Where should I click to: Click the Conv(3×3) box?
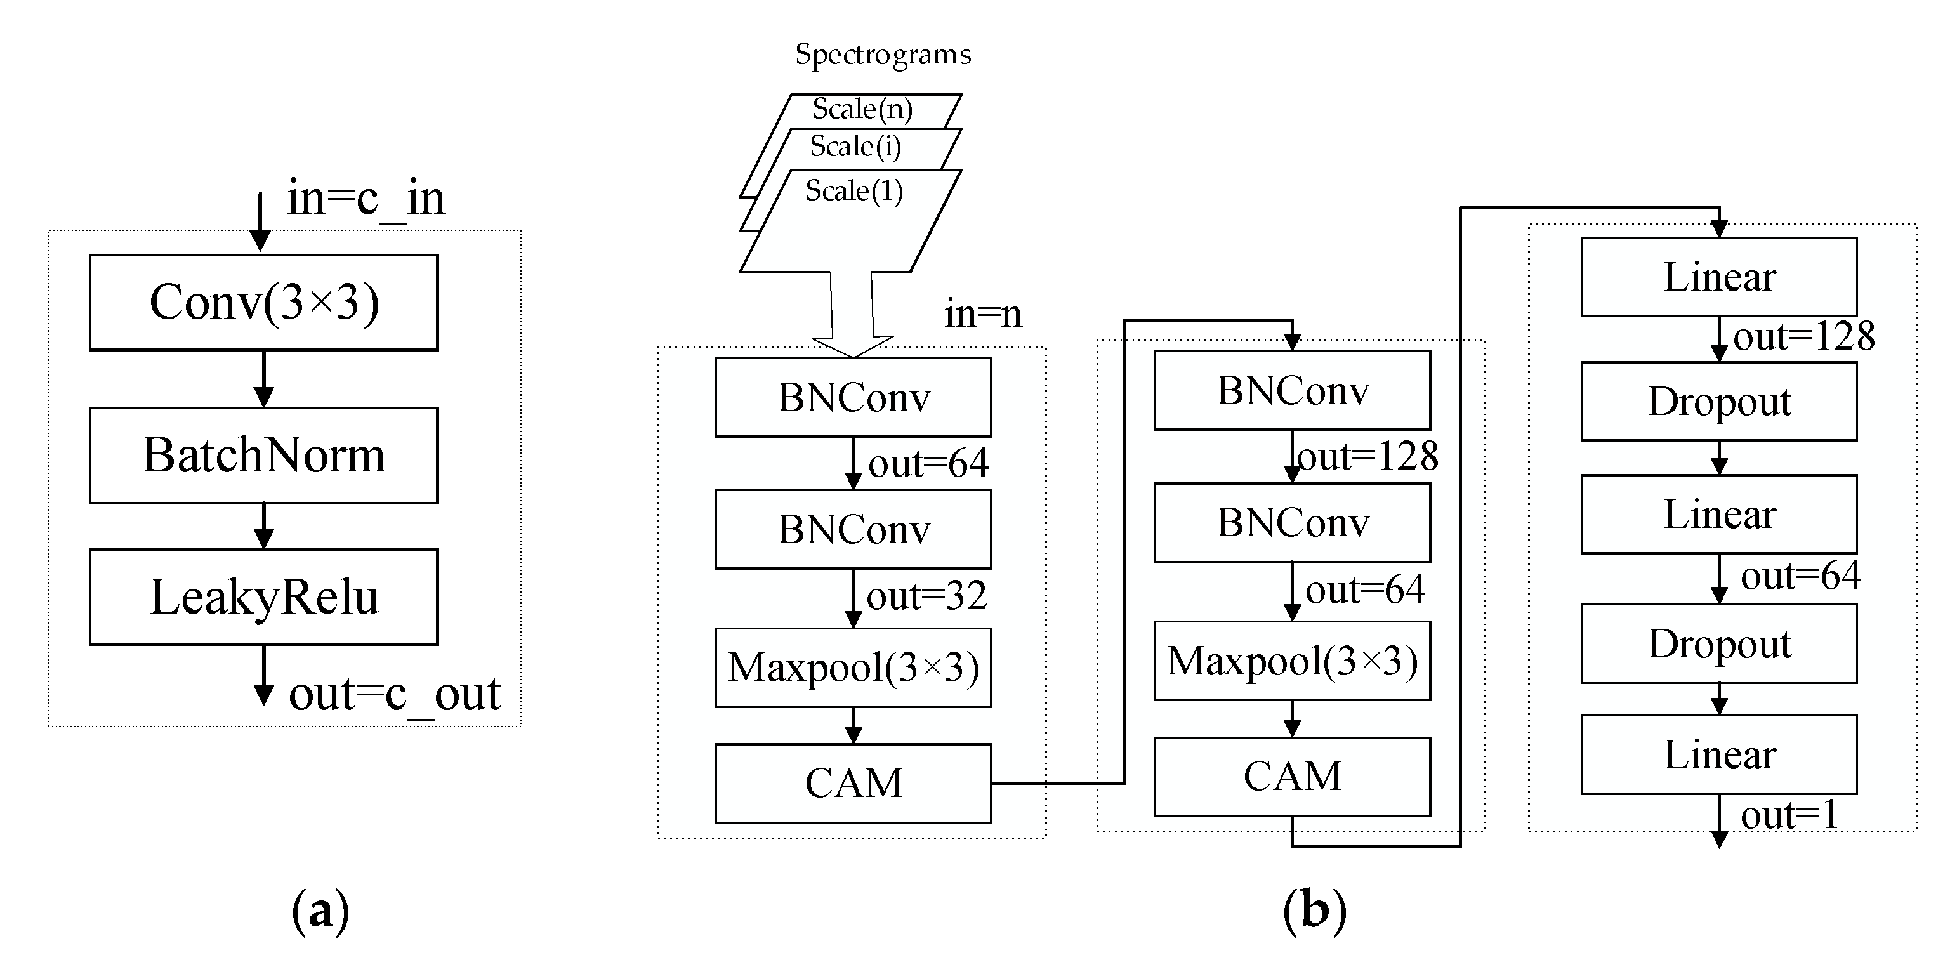tap(263, 302)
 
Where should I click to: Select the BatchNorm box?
tap(263, 455)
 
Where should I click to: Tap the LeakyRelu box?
tap(263, 597)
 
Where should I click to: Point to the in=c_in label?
tap(366, 199)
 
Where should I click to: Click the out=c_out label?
tap(394, 694)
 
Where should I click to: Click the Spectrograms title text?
tap(883, 55)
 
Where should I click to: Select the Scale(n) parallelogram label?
tap(862, 109)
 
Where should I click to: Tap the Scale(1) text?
tap(854, 190)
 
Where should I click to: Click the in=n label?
tap(983, 313)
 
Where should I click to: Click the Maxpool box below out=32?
tap(853, 668)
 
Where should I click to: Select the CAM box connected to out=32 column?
tap(853, 783)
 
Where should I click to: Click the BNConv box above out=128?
tap(1291, 390)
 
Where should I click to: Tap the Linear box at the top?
tap(1719, 277)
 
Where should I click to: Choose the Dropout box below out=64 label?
tap(1719, 644)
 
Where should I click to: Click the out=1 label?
tap(1789, 816)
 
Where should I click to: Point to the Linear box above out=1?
tap(1719, 754)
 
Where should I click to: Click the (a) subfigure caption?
tap(320, 910)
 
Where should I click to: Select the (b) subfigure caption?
tap(1314, 910)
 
